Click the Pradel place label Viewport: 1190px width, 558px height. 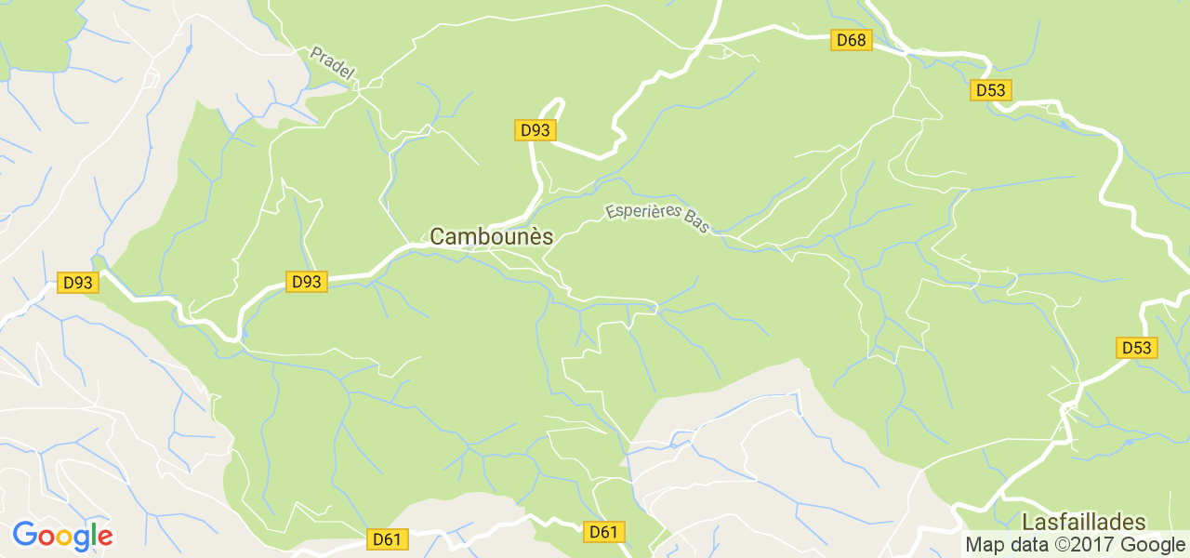click(x=332, y=64)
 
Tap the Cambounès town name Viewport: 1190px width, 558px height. click(x=491, y=237)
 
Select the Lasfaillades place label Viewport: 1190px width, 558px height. click(x=1084, y=522)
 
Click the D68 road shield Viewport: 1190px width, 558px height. click(x=851, y=40)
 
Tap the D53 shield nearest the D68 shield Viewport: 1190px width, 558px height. click(x=991, y=90)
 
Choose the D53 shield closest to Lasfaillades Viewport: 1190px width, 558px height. click(x=1136, y=348)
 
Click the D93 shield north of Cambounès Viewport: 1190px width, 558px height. click(x=535, y=130)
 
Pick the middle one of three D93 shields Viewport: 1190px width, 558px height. click(x=306, y=282)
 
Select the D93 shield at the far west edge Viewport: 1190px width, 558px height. click(x=77, y=282)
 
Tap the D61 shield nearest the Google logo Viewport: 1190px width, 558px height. click(x=387, y=538)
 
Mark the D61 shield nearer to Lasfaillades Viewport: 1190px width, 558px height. click(x=603, y=532)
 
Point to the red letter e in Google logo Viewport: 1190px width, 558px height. click(x=104, y=538)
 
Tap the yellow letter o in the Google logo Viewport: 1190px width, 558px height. click(x=62, y=538)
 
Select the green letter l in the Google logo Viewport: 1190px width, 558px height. click(x=93, y=535)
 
